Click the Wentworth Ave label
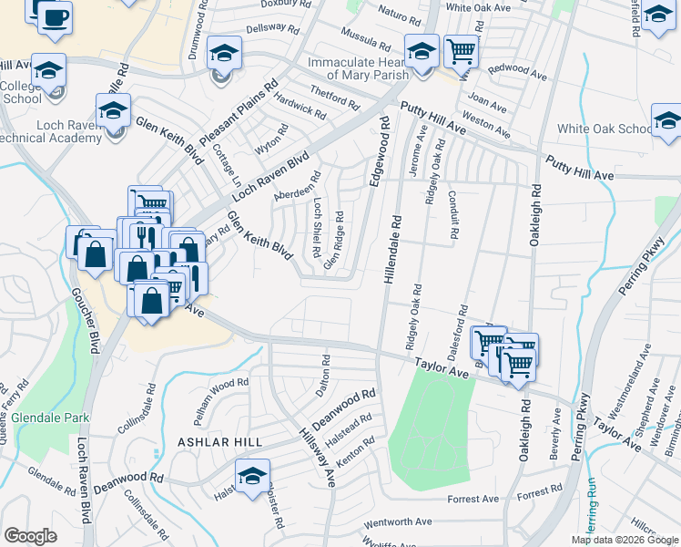click(397, 524)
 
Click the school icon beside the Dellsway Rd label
click(222, 53)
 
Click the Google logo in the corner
click(30, 535)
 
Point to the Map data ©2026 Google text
click(625, 540)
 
